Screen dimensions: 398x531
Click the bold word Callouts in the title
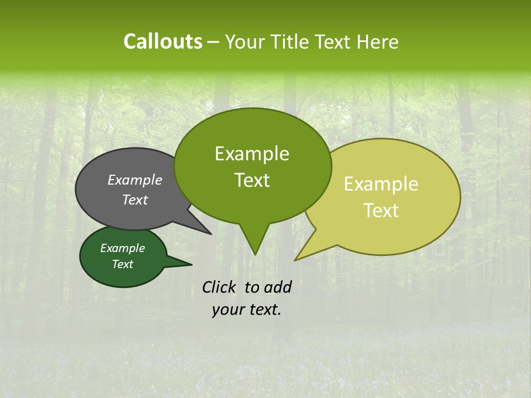click(x=163, y=41)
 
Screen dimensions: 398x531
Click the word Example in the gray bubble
click(x=134, y=180)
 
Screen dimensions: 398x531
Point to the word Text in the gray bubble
click(x=134, y=200)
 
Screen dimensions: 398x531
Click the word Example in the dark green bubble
click(x=122, y=248)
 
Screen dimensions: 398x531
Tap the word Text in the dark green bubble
click(x=122, y=264)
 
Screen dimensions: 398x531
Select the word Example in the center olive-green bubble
click(x=252, y=154)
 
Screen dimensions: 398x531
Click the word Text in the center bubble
click(x=252, y=180)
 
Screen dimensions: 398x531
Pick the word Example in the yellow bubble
click(x=381, y=184)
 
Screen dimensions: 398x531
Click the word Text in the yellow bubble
click(x=381, y=211)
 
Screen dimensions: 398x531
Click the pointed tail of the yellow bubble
click(x=299, y=257)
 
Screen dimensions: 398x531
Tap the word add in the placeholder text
click(x=278, y=287)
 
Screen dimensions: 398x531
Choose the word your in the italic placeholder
click(x=227, y=310)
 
